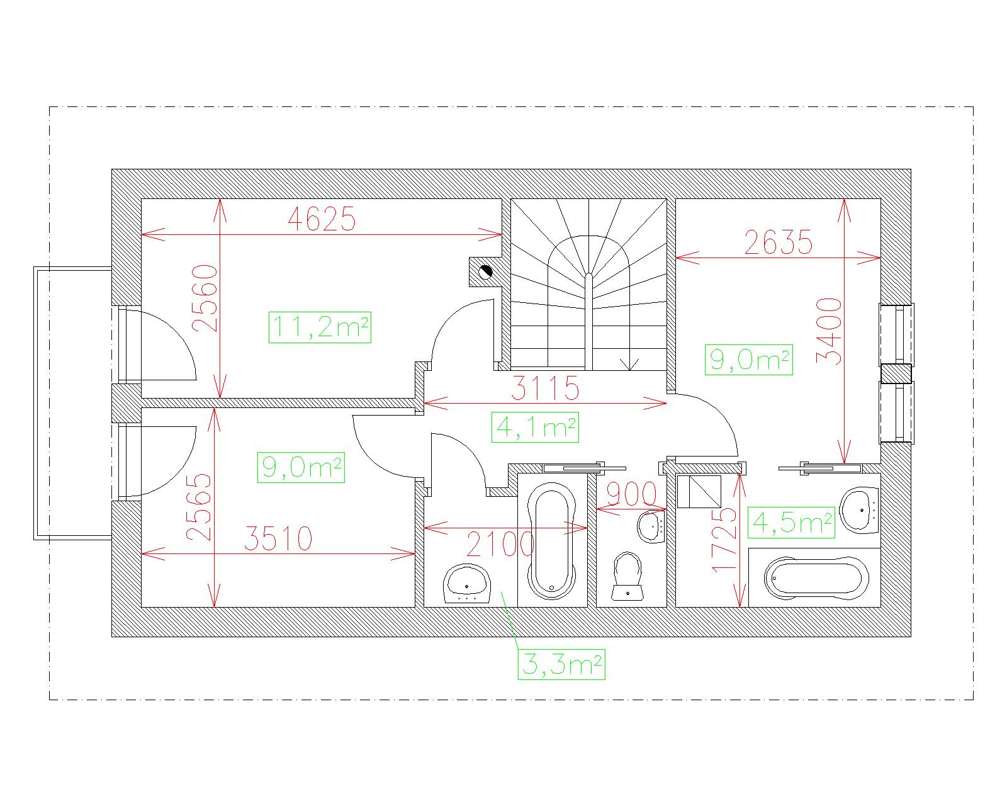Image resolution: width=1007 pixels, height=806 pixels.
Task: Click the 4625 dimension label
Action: [322, 219]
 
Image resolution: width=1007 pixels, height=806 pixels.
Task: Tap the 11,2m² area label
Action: [320, 327]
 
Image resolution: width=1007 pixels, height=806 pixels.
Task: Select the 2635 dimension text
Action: [778, 242]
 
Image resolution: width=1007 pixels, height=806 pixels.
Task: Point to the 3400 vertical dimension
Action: [829, 331]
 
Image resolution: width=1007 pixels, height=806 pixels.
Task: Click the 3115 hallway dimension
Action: [545, 388]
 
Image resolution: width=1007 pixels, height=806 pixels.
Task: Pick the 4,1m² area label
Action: [535, 427]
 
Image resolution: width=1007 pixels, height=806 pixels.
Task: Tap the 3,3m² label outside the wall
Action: [561, 664]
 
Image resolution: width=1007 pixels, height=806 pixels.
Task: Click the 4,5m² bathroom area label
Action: [791, 522]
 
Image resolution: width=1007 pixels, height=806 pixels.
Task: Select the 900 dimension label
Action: [631, 493]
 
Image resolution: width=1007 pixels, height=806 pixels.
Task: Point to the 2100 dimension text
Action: [500, 543]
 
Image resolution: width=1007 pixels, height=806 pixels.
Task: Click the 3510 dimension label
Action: [278, 538]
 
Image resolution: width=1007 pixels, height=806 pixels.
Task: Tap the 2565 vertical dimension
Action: [198, 507]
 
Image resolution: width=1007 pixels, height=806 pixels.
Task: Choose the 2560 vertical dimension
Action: [205, 298]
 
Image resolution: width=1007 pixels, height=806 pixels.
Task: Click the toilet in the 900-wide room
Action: [627, 576]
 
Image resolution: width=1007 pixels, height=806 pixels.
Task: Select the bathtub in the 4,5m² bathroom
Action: [816, 577]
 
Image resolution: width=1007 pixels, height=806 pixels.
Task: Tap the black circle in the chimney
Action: [486, 271]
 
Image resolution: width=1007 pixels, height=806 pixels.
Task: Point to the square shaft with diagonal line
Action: [699, 491]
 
